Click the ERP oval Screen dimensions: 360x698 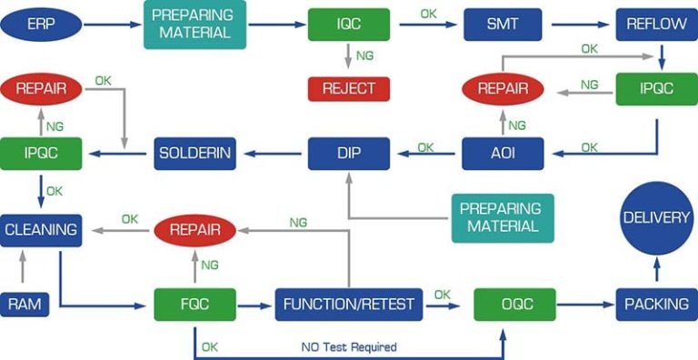click(x=40, y=24)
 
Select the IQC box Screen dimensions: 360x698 click(x=349, y=25)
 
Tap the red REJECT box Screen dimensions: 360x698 click(x=349, y=89)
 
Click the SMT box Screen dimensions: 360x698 click(x=503, y=25)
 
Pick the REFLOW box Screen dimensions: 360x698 click(x=656, y=25)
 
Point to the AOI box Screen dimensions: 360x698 click(x=503, y=153)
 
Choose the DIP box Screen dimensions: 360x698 click(x=349, y=153)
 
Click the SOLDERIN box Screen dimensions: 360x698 click(x=194, y=153)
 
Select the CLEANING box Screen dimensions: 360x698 click(x=41, y=230)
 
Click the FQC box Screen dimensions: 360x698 click(x=195, y=305)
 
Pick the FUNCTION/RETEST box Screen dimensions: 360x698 click(x=349, y=305)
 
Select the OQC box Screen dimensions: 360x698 click(x=515, y=305)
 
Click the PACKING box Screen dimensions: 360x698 click(x=656, y=305)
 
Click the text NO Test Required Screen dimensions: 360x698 click(x=349, y=347)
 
